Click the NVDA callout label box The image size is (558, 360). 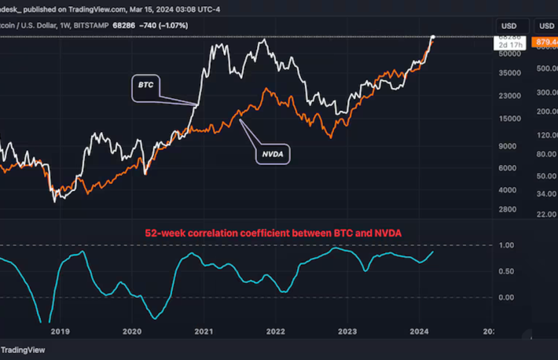(x=273, y=155)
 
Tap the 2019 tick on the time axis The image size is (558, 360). (x=61, y=332)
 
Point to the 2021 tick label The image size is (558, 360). (x=204, y=332)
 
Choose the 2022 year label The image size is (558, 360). (x=275, y=332)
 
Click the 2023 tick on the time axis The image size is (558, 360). (x=347, y=332)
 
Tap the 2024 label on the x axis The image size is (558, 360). (x=418, y=332)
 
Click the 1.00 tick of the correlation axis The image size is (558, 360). (x=506, y=246)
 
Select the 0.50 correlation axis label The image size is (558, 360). (x=506, y=272)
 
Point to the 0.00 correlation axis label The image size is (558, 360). (x=506, y=297)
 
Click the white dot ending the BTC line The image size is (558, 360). (x=432, y=37)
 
